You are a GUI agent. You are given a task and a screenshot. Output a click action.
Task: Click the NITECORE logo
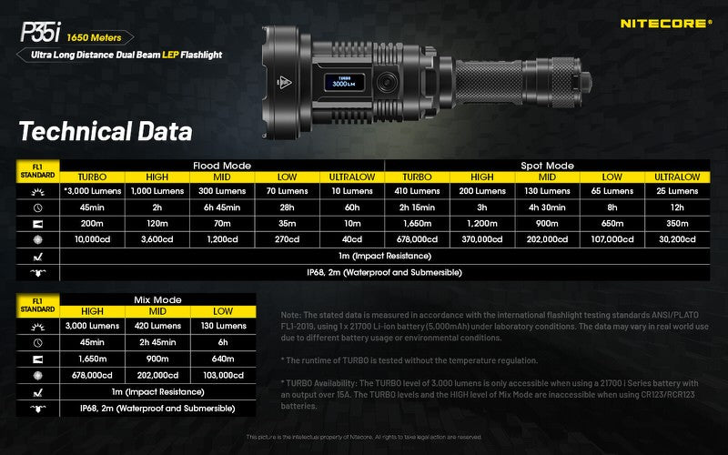(665, 23)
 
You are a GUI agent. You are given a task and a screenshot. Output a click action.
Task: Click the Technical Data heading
(106, 131)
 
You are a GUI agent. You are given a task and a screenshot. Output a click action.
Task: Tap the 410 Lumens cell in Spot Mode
(416, 191)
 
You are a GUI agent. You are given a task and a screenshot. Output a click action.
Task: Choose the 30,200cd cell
(677, 239)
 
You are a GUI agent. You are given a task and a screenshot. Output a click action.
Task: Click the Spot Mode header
(547, 166)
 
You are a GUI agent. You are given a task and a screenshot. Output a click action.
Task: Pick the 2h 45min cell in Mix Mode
(157, 342)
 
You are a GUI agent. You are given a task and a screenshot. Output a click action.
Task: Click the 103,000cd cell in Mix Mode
(222, 374)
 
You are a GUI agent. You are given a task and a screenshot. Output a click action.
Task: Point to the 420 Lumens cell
(157, 326)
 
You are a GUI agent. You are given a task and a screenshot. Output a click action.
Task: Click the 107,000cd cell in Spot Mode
(612, 239)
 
